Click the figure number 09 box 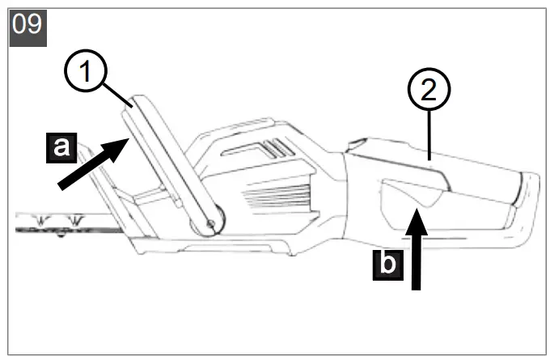pyautogui.click(x=27, y=25)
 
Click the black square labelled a pyautogui.click(x=61, y=147)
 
